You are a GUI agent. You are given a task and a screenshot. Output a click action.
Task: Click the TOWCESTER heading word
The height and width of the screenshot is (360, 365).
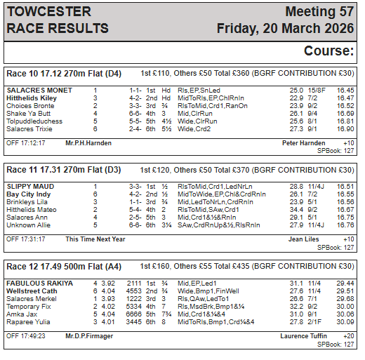pyautogui.click(x=48, y=12)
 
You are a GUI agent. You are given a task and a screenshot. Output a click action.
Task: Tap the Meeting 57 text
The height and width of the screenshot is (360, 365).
pyautogui.click(x=319, y=12)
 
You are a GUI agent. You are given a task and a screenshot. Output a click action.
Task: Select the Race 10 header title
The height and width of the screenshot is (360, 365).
pyautogui.click(x=64, y=73)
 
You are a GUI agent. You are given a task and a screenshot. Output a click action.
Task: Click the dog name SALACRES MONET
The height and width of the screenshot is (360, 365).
pyautogui.click(x=39, y=91)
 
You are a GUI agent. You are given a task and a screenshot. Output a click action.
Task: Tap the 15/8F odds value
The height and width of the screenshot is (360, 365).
pyautogui.click(x=317, y=91)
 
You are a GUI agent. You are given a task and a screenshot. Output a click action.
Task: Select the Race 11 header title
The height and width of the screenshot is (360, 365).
pyautogui.click(x=64, y=170)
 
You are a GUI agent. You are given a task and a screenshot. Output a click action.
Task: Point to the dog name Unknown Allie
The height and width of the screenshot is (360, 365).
pyautogui.click(x=29, y=225)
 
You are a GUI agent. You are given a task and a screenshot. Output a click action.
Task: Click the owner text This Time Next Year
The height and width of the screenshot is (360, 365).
pyautogui.click(x=95, y=239)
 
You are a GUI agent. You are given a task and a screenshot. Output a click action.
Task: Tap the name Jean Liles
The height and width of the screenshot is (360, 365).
pyautogui.click(x=303, y=239)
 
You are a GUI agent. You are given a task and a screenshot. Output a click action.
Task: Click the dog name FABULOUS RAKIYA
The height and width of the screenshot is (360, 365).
pyautogui.click(x=41, y=284)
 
